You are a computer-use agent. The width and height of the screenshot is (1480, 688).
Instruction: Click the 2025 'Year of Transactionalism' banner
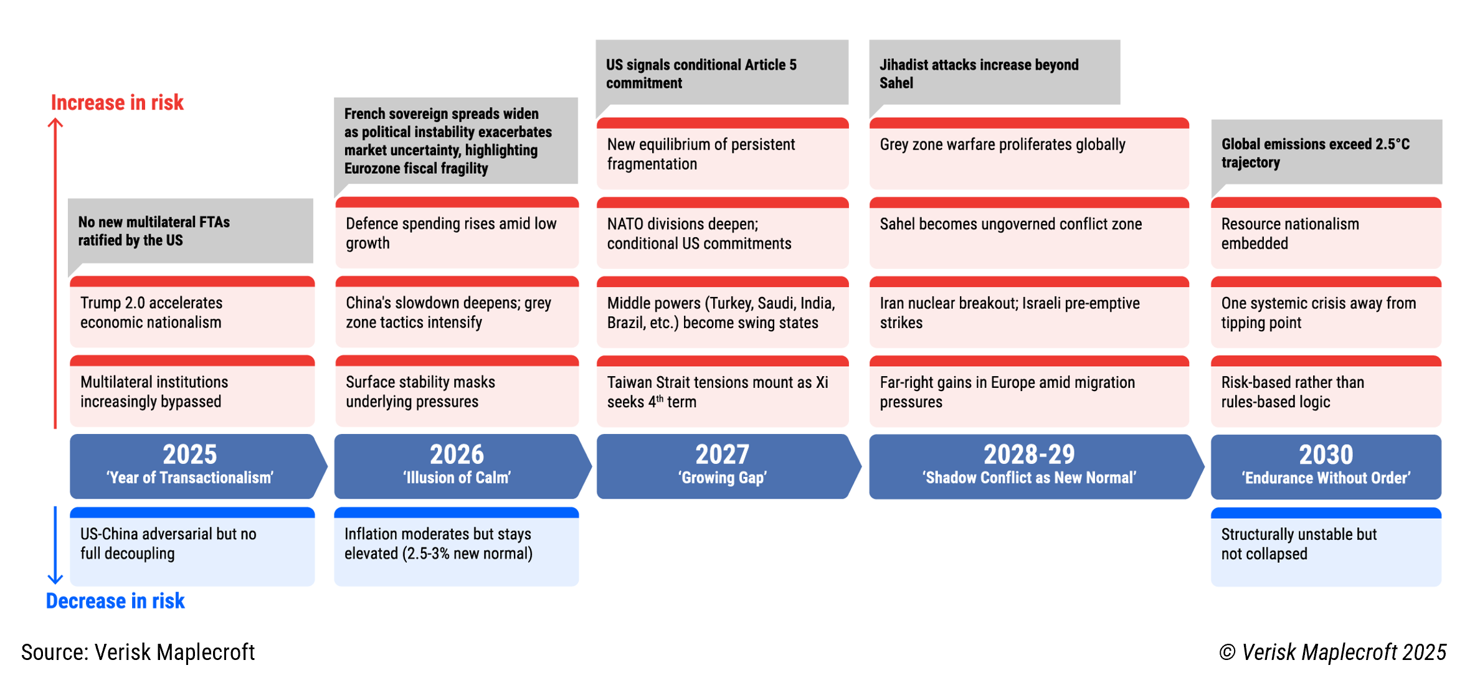[x=191, y=466]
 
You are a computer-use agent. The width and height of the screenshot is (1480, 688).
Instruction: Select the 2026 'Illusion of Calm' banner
[x=457, y=466]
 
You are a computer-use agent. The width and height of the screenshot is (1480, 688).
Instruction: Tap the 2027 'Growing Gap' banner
[x=723, y=466]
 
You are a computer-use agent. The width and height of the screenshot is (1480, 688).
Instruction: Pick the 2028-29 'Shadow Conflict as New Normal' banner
[x=1029, y=466]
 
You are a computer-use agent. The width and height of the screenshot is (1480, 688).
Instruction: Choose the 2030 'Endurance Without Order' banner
[x=1326, y=466]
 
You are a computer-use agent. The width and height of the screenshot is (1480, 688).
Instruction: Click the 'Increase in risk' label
[x=117, y=103]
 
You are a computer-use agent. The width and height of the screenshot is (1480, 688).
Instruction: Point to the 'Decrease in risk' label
[x=115, y=601]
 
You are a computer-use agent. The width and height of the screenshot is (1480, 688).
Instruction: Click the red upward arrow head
[x=55, y=123]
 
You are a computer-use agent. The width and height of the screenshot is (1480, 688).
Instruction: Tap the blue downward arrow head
[x=55, y=579]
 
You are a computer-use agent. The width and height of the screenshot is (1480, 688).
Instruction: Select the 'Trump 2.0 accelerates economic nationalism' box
[x=192, y=313]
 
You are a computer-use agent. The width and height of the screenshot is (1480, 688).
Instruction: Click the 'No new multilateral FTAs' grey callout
[x=191, y=231]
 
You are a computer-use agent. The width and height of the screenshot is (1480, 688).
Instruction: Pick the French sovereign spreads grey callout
[x=456, y=141]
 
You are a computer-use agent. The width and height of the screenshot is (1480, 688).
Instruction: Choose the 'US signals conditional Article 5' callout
[x=722, y=73]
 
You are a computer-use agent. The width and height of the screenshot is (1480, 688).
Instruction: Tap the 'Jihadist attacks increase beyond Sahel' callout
[x=994, y=73]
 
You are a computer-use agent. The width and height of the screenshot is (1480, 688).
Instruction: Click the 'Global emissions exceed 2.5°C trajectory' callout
[x=1326, y=153]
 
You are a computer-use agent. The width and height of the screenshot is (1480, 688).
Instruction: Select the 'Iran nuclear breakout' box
[x=1028, y=313]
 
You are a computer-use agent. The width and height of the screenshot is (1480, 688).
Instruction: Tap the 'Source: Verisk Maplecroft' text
[x=138, y=652]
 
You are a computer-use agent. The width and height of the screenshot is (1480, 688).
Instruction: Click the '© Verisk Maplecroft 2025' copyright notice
[x=1332, y=652]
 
